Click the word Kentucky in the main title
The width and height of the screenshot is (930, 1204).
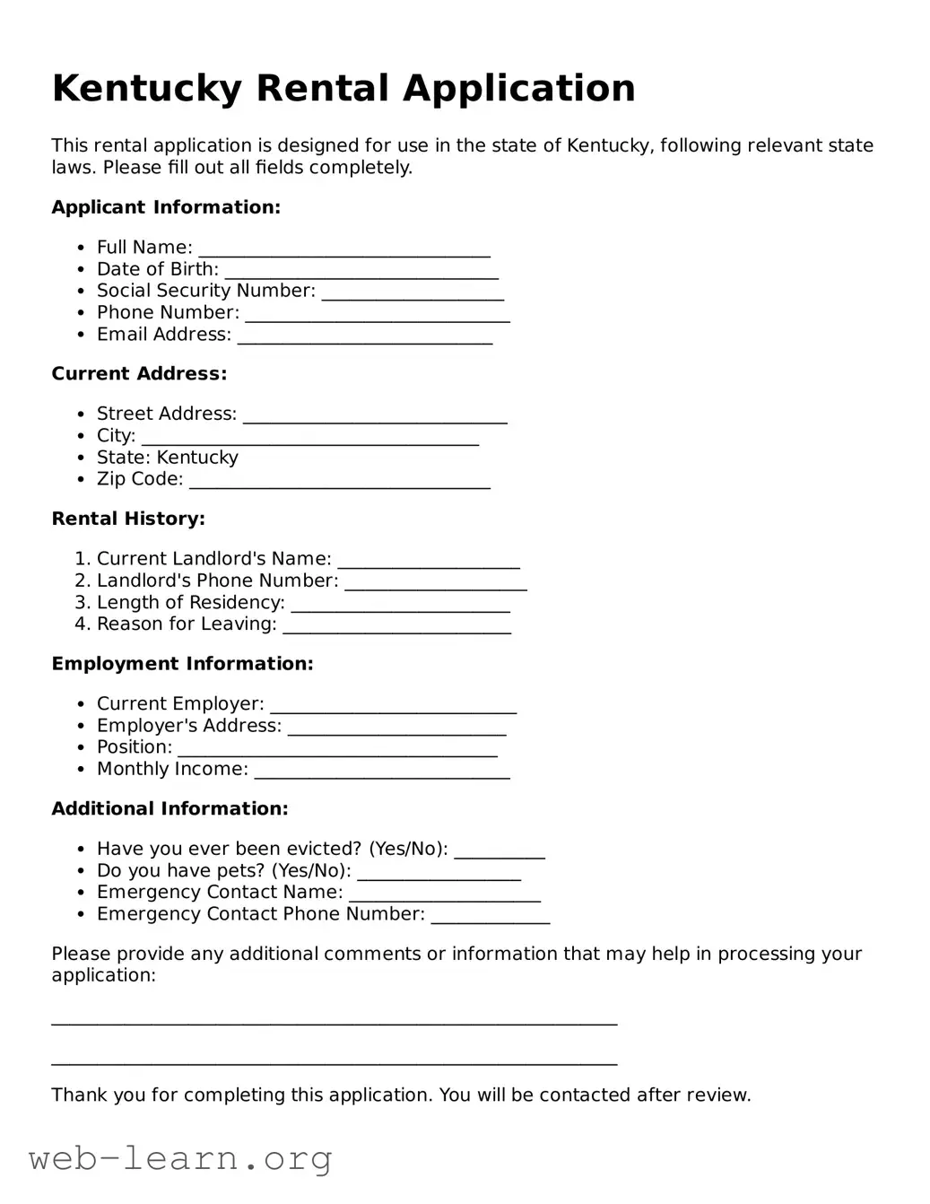coord(146,89)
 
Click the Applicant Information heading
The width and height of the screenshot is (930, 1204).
coord(166,207)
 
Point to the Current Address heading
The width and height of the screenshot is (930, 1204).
coord(139,374)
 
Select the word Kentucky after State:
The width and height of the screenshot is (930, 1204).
coord(197,458)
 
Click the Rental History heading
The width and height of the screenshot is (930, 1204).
coord(128,519)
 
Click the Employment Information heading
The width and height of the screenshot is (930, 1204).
coord(182,664)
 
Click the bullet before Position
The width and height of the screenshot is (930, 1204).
coord(81,748)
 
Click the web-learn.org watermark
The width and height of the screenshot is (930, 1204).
coord(180,1159)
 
